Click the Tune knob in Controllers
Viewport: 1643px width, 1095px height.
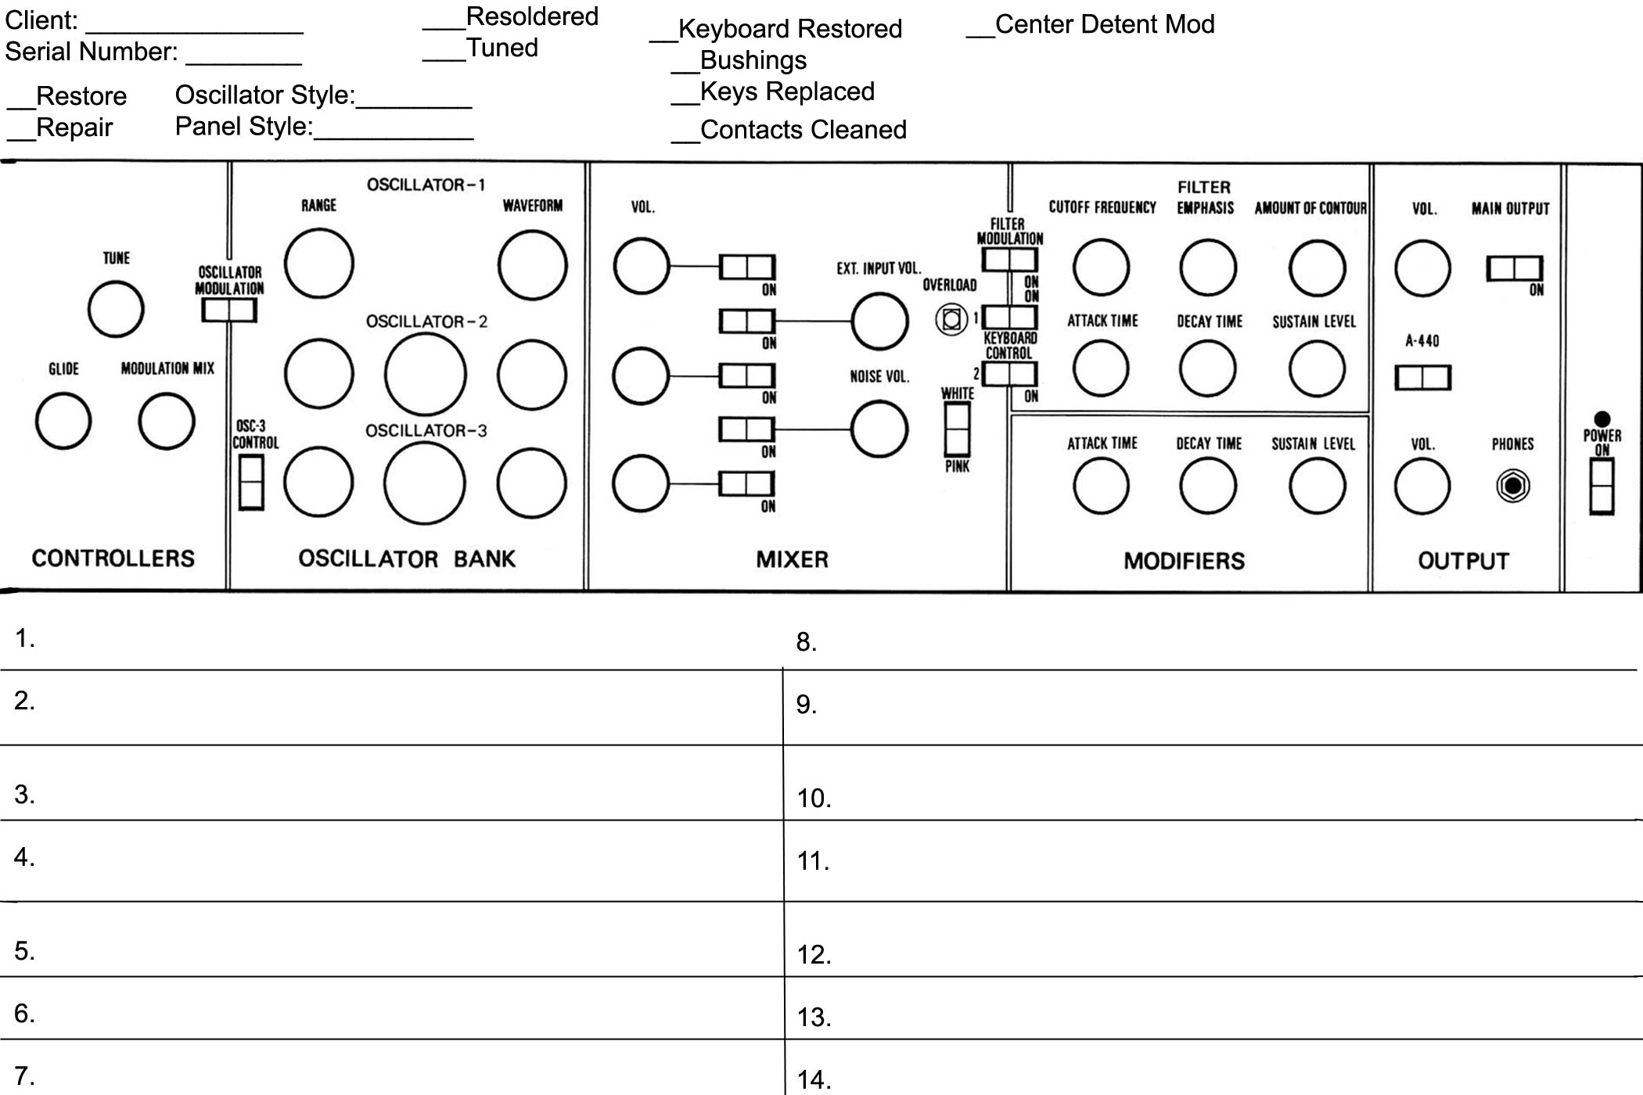[x=116, y=309]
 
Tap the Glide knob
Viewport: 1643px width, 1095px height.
[x=63, y=421]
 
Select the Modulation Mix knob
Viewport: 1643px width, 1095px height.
[x=167, y=421]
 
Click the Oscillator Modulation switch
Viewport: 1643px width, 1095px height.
[x=229, y=311]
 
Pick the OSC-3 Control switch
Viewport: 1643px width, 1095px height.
[x=251, y=483]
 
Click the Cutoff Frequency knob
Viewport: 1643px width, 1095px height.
[x=1102, y=267]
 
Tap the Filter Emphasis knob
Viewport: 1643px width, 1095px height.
[x=1208, y=267]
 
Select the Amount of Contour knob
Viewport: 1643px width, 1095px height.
[x=1318, y=267]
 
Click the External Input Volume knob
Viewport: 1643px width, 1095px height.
[x=879, y=321]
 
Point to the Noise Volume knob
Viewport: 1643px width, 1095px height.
[x=879, y=429]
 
